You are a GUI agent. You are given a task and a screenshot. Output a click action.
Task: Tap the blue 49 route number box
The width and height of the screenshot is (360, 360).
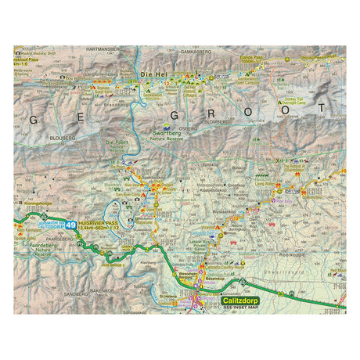click(x=71, y=225)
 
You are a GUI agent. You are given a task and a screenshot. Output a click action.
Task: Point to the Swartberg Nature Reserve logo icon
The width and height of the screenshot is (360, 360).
click(x=165, y=127)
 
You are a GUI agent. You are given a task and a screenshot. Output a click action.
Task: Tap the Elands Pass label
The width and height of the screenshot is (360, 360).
click(x=290, y=59)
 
